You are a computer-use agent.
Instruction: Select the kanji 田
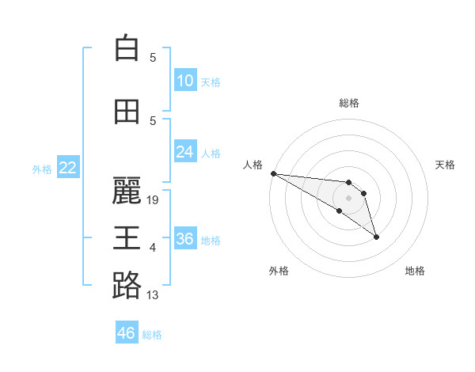coord(127,112)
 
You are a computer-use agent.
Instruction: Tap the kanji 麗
coord(127,191)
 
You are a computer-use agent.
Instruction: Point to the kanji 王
coord(127,237)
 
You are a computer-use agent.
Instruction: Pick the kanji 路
coord(127,286)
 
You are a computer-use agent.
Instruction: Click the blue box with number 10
coord(185,80)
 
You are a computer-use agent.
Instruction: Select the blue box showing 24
coord(185,152)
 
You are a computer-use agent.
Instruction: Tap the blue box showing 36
coord(185,239)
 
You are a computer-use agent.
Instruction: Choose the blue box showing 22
coord(68,168)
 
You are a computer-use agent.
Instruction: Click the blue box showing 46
coord(127,333)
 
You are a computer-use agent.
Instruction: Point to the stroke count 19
coord(154,200)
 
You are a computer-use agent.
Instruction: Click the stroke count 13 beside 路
coord(153,296)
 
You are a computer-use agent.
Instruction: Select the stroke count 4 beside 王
coord(153,249)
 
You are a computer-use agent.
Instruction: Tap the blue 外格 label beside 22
coord(42,169)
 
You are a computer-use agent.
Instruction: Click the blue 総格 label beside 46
coord(152,335)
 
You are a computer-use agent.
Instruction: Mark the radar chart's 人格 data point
coord(273,173)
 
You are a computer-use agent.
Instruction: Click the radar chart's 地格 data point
coord(376,237)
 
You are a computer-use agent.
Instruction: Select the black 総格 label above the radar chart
coord(348,103)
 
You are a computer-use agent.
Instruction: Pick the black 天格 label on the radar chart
coord(446,165)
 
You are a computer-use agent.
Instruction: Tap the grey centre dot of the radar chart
coord(348,198)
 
